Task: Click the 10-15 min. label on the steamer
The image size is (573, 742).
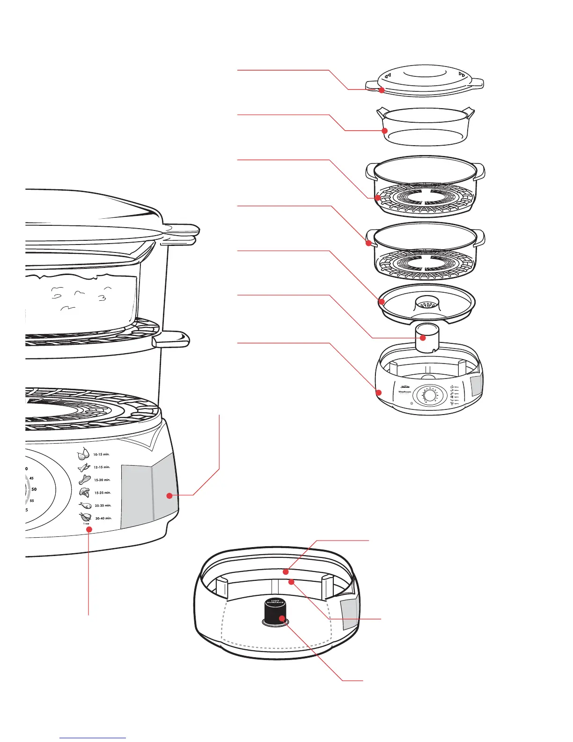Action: pyautogui.click(x=102, y=454)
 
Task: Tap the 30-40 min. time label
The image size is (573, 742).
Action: pyautogui.click(x=103, y=519)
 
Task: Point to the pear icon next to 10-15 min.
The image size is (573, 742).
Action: pyautogui.click(x=84, y=453)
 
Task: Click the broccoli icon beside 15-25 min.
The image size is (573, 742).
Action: pyautogui.click(x=84, y=492)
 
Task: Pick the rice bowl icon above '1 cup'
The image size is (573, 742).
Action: pyautogui.click(x=85, y=517)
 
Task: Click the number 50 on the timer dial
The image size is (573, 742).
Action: pyautogui.click(x=34, y=489)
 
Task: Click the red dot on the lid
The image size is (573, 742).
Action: pyautogui.click(x=382, y=90)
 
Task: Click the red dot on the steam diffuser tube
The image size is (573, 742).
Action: pyautogui.click(x=423, y=337)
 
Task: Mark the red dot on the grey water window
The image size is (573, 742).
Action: pyautogui.click(x=169, y=495)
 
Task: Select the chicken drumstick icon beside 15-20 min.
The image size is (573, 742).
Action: pyautogui.click(x=84, y=479)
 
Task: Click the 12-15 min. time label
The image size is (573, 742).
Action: pyautogui.click(x=102, y=467)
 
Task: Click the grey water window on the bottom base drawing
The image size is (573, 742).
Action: pyautogui.click(x=349, y=613)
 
